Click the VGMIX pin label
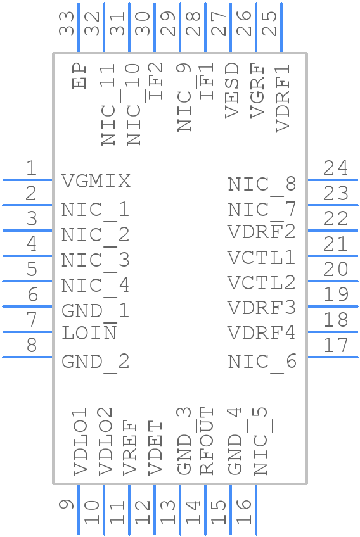click(96, 182)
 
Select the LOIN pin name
click(89, 333)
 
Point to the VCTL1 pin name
click(261, 258)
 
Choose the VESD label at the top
click(232, 90)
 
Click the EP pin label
click(79, 75)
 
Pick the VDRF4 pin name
click(261, 333)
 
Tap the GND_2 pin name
click(96, 362)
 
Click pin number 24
click(335, 168)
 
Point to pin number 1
click(30, 168)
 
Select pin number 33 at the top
click(67, 24)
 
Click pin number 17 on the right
click(335, 346)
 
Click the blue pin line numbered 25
click(281, 28)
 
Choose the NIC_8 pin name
click(261, 184)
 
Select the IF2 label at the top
click(155, 81)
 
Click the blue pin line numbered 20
click(333, 281)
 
